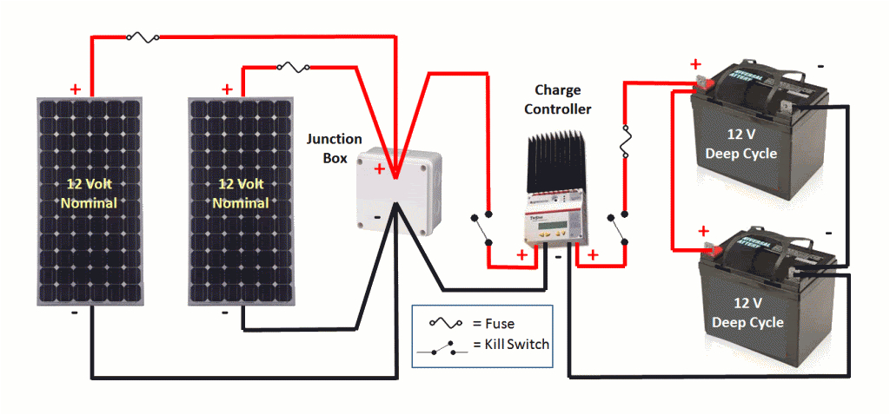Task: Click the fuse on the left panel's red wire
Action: coord(142,37)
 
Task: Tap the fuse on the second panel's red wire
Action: coord(292,66)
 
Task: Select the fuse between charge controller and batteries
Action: coord(624,142)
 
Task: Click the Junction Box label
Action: coord(327,148)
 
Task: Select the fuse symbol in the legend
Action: coord(445,323)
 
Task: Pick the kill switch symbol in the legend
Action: coord(445,346)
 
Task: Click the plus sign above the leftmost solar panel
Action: coord(76,89)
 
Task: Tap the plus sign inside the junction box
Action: coord(379,169)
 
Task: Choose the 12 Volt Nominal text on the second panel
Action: coord(240,194)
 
